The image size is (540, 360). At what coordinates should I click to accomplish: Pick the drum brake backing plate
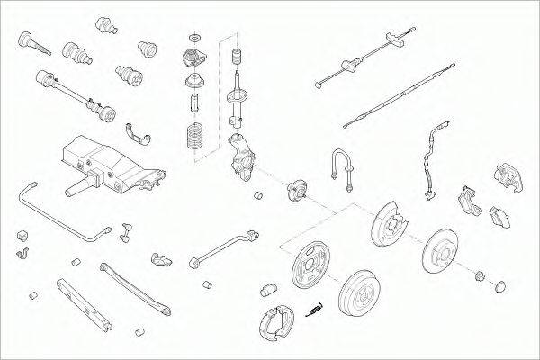(x=313, y=267)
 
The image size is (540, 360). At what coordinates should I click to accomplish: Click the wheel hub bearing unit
(x=298, y=193)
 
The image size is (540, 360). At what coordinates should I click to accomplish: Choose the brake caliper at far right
(x=506, y=177)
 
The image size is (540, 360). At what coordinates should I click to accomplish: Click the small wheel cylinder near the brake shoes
(x=267, y=290)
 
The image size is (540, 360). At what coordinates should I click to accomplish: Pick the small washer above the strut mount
(x=193, y=39)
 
